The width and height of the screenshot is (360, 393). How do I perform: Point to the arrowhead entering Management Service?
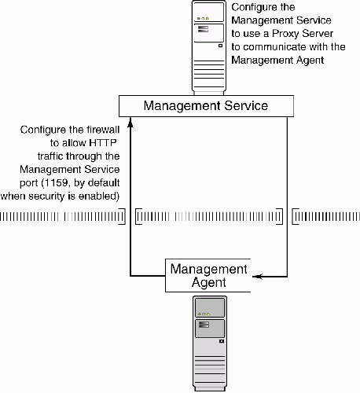coord(130,123)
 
